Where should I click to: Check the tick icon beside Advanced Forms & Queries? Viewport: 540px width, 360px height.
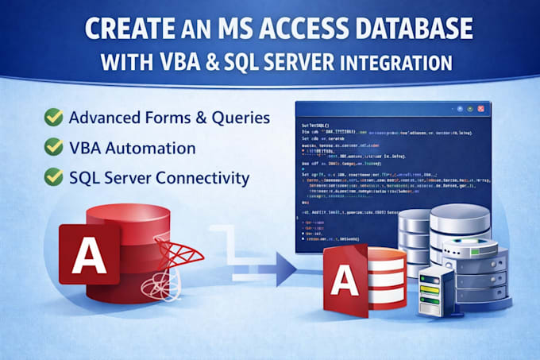(x=54, y=118)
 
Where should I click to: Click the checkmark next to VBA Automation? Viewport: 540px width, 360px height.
(x=54, y=147)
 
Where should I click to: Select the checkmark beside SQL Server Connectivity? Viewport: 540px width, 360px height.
(x=54, y=176)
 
